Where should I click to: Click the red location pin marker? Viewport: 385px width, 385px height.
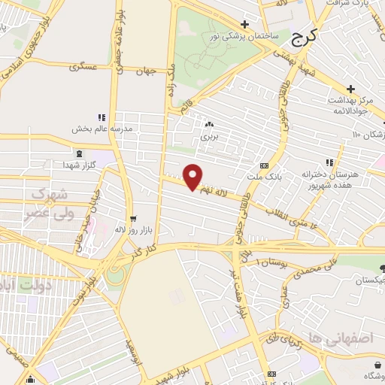point(193,177)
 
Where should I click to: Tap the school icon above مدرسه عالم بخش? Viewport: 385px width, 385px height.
point(101,117)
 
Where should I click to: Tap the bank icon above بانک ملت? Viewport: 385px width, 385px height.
point(263,165)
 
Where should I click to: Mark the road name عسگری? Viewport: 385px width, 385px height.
point(83,67)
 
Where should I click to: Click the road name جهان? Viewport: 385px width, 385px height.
point(145,72)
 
